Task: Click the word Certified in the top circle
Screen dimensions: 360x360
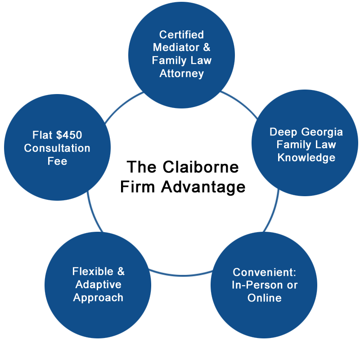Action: (181, 35)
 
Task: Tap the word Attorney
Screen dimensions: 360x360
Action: (181, 73)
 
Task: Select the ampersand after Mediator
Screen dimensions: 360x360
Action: (207, 47)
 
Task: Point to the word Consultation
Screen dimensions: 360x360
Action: (57, 148)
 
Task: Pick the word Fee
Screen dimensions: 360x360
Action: (57, 161)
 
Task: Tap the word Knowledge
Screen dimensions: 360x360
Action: (306, 157)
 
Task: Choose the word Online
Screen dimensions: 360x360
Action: (264, 297)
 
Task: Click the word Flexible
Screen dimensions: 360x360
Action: (94, 271)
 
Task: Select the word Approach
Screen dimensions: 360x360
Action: (98, 297)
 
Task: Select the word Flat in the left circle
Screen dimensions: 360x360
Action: (43, 135)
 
